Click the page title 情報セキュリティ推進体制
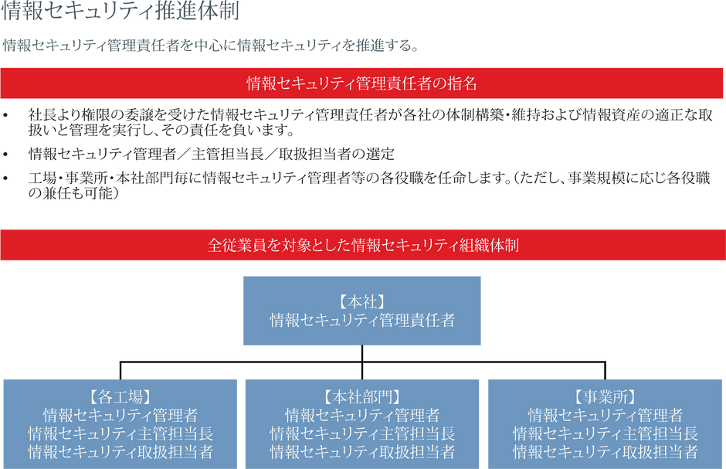click(120, 11)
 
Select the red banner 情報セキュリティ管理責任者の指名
click(361, 83)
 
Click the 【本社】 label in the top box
click(362, 302)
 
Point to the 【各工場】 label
click(120, 397)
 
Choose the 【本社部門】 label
click(362, 397)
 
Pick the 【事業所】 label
click(606, 397)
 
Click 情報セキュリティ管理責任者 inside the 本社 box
click(362, 321)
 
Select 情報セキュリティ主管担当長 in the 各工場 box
click(120, 433)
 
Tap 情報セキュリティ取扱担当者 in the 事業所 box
click(606, 451)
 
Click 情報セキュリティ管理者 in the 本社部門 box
click(362, 415)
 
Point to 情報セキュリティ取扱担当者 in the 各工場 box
click(120, 451)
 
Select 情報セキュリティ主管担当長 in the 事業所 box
click(606, 433)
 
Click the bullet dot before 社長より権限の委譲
click(5, 115)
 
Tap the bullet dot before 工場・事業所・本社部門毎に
click(5, 178)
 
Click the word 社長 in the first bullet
click(42, 115)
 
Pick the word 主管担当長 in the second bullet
click(228, 154)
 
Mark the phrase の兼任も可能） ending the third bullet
click(74, 193)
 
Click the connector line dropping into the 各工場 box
click(120, 370)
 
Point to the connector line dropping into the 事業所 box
click(606, 370)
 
